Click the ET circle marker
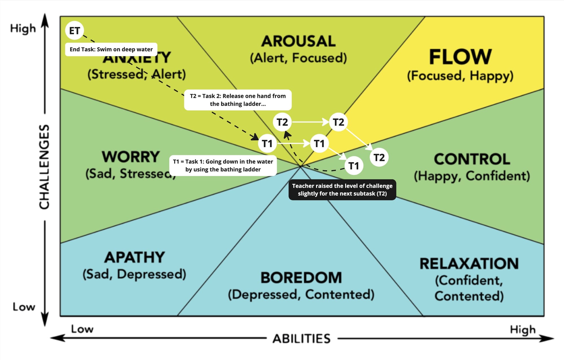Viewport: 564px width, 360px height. coord(74,30)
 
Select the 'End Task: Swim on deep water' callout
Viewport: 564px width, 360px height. coord(111,49)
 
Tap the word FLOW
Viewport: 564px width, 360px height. coord(460,57)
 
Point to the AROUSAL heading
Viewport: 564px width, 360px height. coord(298,41)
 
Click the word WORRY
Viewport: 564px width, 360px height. coord(131,157)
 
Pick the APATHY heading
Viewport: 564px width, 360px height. coord(135,257)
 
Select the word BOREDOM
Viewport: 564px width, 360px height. coord(301,278)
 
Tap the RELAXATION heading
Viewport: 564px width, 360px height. coord(469,264)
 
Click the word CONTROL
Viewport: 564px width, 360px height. coord(472,159)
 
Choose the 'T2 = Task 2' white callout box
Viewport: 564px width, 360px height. coord(238,100)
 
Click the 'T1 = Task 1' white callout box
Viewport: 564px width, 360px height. coord(223,165)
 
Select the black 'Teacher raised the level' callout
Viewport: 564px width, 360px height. coord(342,190)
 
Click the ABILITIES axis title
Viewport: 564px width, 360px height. coord(301,339)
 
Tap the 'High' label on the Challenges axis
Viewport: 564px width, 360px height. coord(23,28)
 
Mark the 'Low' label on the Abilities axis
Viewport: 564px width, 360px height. coord(82,329)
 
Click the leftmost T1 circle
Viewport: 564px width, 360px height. coord(267,143)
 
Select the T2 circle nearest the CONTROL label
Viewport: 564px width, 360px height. coord(379,157)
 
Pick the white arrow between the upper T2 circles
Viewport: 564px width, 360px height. coord(310,122)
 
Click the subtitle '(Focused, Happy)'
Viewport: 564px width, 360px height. coord(460,76)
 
